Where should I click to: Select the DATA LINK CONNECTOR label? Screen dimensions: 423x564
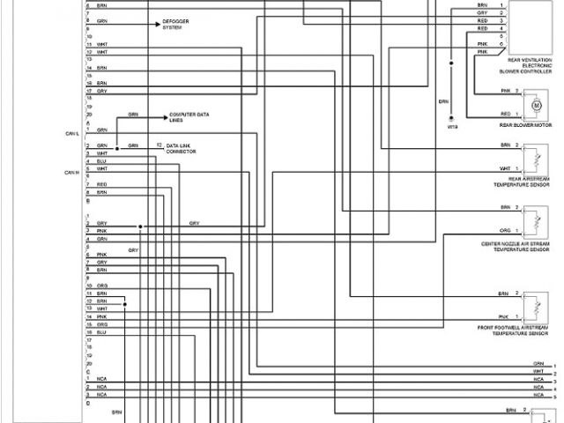tap(181, 148)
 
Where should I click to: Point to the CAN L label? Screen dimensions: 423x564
tap(72, 133)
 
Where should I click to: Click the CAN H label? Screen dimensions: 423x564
tap(72, 172)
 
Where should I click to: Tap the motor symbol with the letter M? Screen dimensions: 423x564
tap(534, 105)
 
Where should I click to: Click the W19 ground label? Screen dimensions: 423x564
tap(453, 127)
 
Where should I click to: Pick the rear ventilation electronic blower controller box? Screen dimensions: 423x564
tap(531, 29)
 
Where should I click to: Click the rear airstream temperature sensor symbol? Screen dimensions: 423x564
tap(532, 158)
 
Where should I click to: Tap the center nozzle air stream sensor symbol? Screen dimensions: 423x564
tap(532, 220)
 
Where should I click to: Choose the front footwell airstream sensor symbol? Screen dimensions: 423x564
tap(532, 306)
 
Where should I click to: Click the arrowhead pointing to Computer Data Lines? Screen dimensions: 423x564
tap(169, 115)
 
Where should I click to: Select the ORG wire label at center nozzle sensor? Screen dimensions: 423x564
tap(504, 231)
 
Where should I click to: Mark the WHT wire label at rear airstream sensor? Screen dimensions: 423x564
tap(504, 167)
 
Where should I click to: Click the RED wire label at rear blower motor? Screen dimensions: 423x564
tap(505, 114)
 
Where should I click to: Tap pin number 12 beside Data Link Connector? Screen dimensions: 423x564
tap(159, 145)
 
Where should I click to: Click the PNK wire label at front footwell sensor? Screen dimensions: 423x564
tap(503, 316)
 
